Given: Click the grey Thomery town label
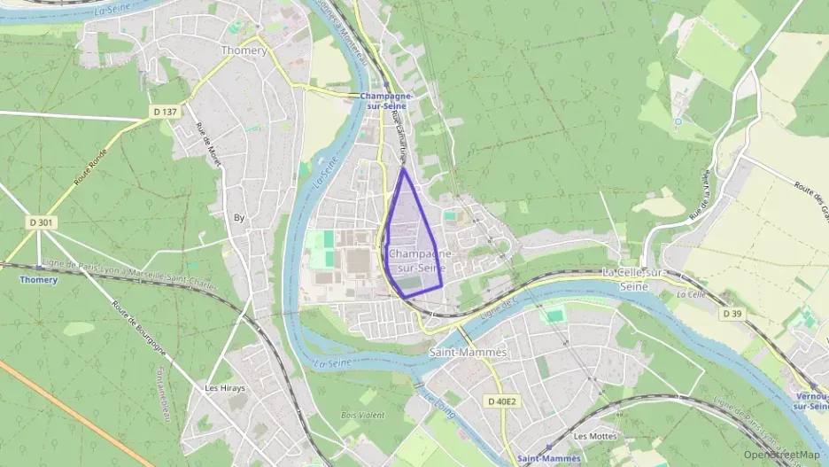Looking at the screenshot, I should [244, 51].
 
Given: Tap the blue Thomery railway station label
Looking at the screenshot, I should [38, 280].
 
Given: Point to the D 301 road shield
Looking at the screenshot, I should [40, 222].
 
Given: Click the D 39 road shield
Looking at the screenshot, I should [732, 314].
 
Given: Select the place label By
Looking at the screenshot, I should [239, 217].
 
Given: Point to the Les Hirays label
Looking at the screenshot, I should [224, 388].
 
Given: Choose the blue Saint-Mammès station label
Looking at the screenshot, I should [549, 458].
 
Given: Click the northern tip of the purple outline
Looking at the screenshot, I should [403, 168].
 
